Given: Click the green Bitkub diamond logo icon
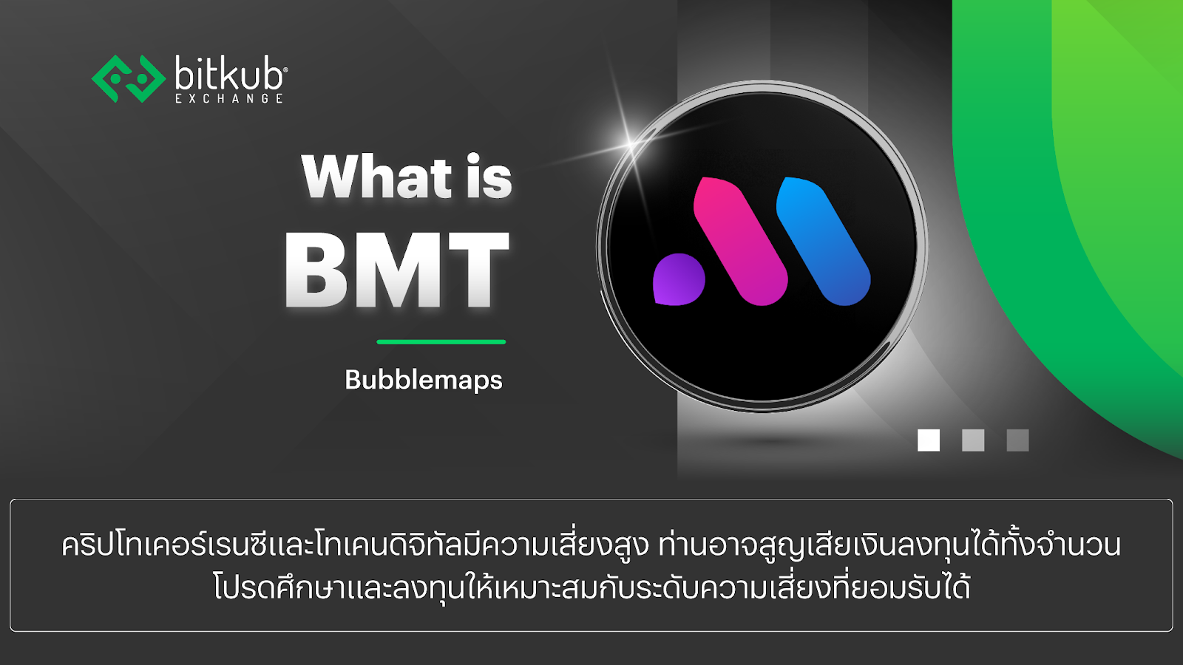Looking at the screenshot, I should pyautogui.click(x=128, y=78).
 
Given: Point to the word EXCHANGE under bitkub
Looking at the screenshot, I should pyautogui.click(x=229, y=98).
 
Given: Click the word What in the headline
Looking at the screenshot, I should pyautogui.click(x=376, y=177).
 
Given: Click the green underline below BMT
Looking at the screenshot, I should pyautogui.click(x=441, y=342).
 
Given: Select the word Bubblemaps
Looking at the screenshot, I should pyautogui.click(x=424, y=380).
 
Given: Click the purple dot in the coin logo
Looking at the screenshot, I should pyautogui.click(x=678, y=279).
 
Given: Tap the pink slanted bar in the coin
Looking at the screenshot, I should pyautogui.click(x=739, y=240).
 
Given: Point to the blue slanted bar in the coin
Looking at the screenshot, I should pyautogui.click(x=823, y=240).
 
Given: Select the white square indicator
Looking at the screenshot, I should pyautogui.click(x=929, y=440).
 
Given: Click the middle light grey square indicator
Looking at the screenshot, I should pyautogui.click(x=973, y=440).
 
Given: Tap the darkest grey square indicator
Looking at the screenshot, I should pyautogui.click(x=1017, y=440).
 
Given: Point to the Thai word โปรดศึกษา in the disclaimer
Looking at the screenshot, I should pyautogui.click(x=266, y=588).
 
